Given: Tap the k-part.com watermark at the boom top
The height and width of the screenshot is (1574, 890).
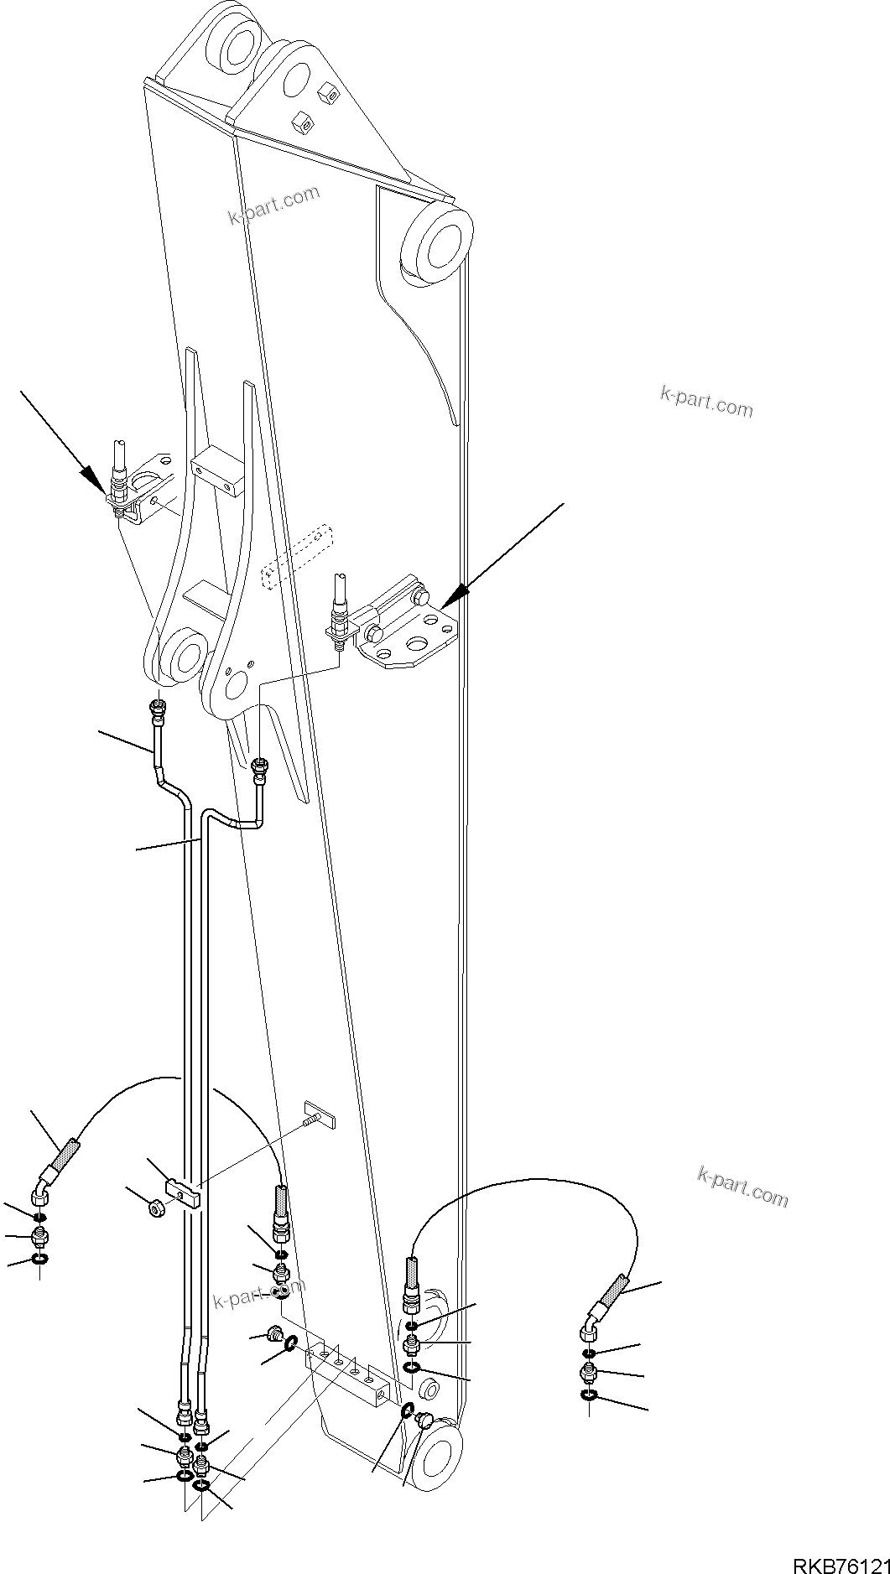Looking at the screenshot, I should coord(273,205).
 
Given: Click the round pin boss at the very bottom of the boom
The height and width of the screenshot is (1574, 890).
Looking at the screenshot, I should coord(436,1458).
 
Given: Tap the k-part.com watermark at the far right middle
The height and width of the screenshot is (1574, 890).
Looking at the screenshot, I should coord(705,403).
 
